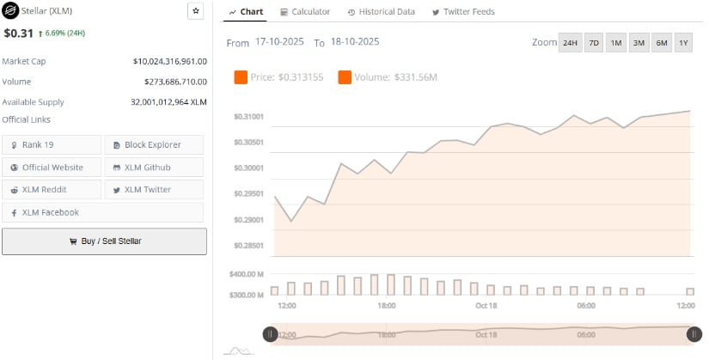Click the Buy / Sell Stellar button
pyautogui.click(x=104, y=241)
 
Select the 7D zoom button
pyautogui.click(x=594, y=43)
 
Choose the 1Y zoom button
pyautogui.click(x=683, y=43)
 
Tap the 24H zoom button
pyautogui.click(x=570, y=43)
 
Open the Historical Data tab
pyautogui.click(x=382, y=12)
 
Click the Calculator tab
pyautogui.click(x=305, y=12)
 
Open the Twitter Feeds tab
pyautogui.click(x=463, y=12)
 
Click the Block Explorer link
pyautogui.click(x=154, y=144)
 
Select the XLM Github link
pyautogui.click(x=154, y=167)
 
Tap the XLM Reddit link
pyautogui.click(x=52, y=189)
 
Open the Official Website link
pyautogui.click(x=52, y=167)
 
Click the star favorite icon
pyautogui.click(x=195, y=11)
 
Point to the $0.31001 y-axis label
pyautogui.click(x=248, y=117)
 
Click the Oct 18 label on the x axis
pyautogui.click(x=486, y=306)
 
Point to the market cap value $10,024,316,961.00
pyautogui.click(x=170, y=62)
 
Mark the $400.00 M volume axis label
pyautogui.click(x=247, y=274)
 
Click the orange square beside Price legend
pyautogui.click(x=241, y=78)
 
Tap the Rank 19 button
pyautogui.click(x=52, y=144)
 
